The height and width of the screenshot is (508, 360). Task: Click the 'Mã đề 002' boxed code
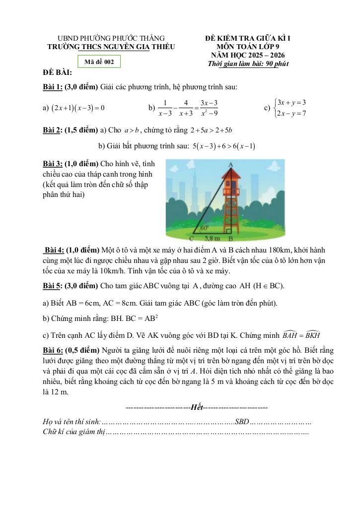[x=99, y=62]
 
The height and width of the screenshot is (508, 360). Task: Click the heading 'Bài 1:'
[x=52, y=87]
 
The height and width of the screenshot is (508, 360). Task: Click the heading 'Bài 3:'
[x=52, y=163]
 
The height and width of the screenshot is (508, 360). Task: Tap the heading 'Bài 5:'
[x=52, y=286]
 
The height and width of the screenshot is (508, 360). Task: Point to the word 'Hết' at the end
[x=197, y=407]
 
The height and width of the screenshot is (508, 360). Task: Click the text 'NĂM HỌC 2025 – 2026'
[x=248, y=55]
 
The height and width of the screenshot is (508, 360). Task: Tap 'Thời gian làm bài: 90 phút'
[x=248, y=63]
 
